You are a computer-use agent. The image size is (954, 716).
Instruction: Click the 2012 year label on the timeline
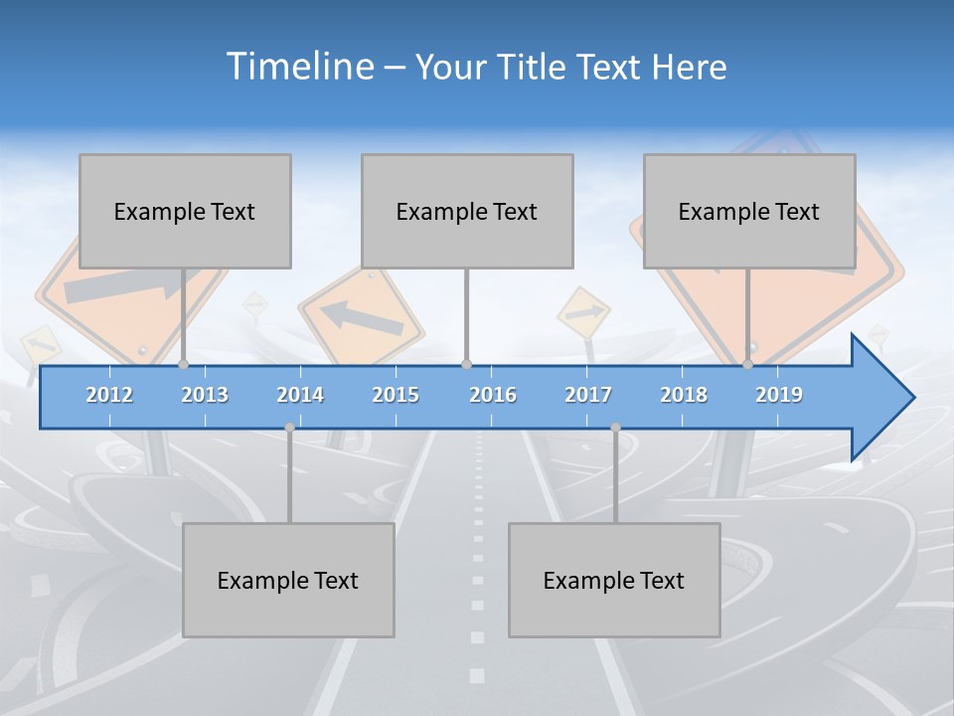(x=109, y=395)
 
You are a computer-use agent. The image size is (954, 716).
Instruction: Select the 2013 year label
(x=205, y=395)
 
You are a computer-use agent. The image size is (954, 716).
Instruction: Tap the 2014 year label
(x=300, y=395)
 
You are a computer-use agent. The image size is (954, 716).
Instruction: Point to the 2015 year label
(x=396, y=395)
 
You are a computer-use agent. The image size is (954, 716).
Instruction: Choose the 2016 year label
(x=493, y=395)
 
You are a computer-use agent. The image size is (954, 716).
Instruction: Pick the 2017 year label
(x=588, y=395)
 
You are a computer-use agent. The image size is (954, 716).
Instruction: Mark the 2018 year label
(x=684, y=395)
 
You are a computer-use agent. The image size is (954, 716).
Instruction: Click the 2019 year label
(x=779, y=395)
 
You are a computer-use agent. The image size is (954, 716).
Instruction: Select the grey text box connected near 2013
(x=185, y=211)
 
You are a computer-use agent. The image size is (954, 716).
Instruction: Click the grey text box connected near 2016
(x=467, y=211)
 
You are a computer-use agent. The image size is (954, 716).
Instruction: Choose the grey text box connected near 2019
(x=749, y=211)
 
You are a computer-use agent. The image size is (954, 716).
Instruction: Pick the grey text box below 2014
(x=288, y=580)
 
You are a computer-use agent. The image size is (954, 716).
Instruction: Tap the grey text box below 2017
(x=614, y=580)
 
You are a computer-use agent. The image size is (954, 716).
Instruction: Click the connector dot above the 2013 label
(x=184, y=365)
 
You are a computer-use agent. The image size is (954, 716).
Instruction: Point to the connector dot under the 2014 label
(x=289, y=428)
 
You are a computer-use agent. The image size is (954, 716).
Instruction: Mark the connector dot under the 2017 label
(x=615, y=428)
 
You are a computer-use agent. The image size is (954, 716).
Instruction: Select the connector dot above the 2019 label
(x=748, y=365)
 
